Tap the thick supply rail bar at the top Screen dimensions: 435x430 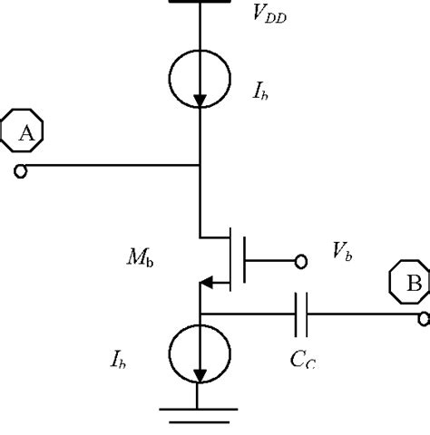200,3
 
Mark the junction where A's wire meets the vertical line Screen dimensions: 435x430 200,167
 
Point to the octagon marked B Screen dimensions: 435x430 411,284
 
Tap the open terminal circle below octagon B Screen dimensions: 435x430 424,317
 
